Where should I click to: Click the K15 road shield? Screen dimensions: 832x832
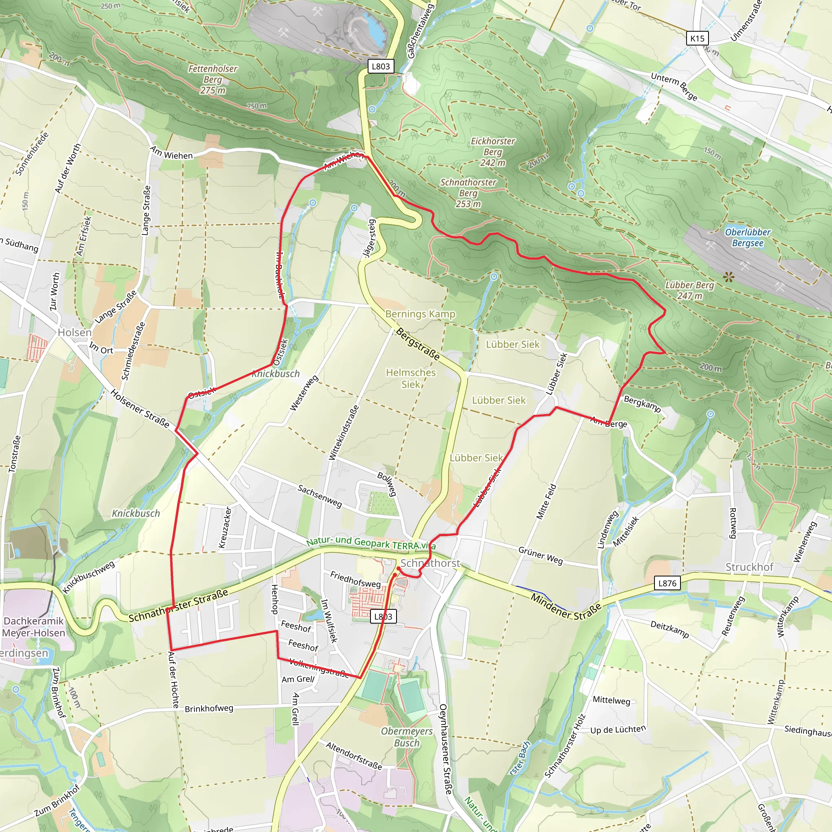(697, 38)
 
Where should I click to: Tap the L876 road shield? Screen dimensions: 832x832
(667, 583)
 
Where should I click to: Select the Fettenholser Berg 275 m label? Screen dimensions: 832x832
(213, 80)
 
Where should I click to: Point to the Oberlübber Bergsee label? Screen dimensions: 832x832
(747, 238)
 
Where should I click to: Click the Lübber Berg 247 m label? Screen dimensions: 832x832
(689, 290)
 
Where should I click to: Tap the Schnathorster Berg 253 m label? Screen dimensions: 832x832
(468, 193)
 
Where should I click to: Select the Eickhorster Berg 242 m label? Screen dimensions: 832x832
(493, 152)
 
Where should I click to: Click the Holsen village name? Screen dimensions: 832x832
(74, 332)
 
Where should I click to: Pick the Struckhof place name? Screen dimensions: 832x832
(749, 567)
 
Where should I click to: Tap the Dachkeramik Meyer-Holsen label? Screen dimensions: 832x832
(34, 626)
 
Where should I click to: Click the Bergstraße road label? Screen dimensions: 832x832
(418, 344)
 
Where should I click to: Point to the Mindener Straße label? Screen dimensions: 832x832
(565, 606)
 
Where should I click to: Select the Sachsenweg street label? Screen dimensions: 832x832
(320, 496)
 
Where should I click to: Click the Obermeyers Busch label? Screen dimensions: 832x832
(407, 737)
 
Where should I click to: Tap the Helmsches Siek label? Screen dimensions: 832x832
(410, 378)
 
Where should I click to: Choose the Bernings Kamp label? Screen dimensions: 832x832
(420, 314)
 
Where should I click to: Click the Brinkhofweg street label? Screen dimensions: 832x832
(209, 708)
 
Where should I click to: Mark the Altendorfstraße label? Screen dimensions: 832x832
(353, 755)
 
